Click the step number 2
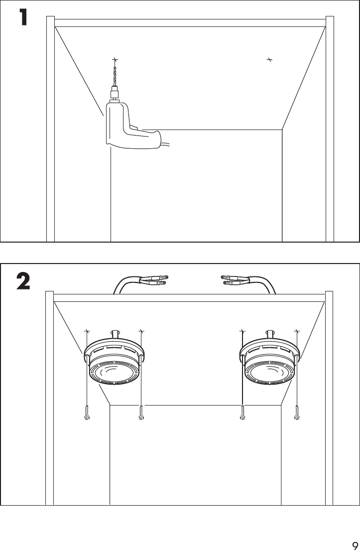click(23, 282)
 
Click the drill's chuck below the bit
click(115, 93)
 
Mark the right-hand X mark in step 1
click(269, 60)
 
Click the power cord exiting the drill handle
click(166, 145)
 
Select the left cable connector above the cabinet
click(154, 280)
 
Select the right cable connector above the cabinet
click(235, 280)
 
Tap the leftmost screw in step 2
click(87, 413)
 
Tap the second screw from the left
click(142, 413)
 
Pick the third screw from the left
click(242, 413)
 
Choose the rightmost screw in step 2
click(297, 413)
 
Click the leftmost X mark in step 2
click(87, 331)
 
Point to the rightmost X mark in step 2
click(297, 331)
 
